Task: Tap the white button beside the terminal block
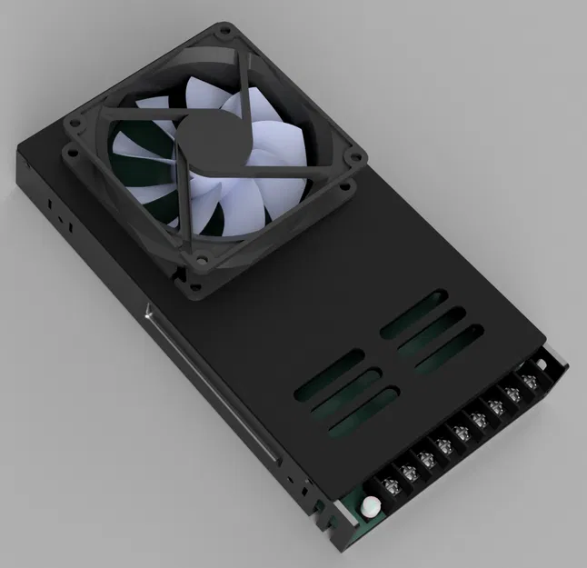tap(370, 506)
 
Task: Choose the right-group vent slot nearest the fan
tap(414, 314)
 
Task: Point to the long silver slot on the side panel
tap(205, 382)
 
